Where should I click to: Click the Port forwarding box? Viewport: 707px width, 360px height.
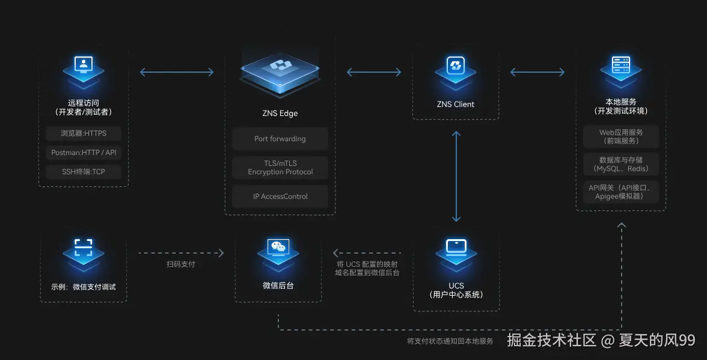pyautogui.click(x=280, y=139)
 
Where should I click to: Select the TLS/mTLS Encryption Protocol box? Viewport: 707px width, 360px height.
pyautogui.click(x=280, y=168)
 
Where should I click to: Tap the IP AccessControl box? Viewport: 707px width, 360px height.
pyautogui.click(x=280, y=197)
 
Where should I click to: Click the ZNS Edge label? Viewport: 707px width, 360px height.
pyautogui.click(x=280, y=113)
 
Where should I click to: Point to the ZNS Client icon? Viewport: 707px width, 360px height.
pyautogui.click(x=455, y=67)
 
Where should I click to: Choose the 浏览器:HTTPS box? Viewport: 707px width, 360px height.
pyautogui.click(x=83, y=133)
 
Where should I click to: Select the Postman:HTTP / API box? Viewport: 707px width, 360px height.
pyautogui.click(x=83, y=153)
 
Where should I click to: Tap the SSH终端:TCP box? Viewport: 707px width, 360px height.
pyautogui.click(x=83, y=172)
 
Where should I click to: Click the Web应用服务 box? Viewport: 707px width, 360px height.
pyautogui.click(x=620, y=136)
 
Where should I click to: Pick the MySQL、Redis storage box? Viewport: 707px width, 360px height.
pyautogui.click(x=620, y=164)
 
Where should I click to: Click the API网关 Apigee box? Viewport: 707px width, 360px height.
pyautogui.click(x=620, y=192)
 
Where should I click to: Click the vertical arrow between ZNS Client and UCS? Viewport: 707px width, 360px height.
pyautogui.click(x=456, y=177)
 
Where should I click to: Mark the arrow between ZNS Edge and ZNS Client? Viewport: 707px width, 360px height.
pyautogui.click(x=374, y=72)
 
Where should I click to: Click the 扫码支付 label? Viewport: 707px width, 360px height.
pyautogui.click(x=180, y=264)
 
